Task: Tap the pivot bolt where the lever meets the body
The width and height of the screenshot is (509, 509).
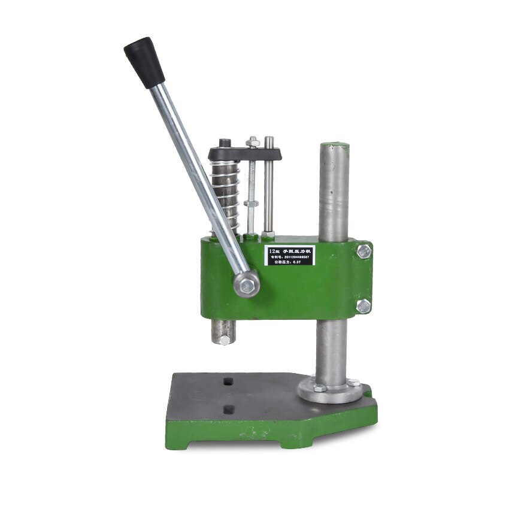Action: pyautogui.click(x=247, y=283)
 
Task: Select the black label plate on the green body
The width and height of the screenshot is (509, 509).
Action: pyautogui.click(x=290, y=256)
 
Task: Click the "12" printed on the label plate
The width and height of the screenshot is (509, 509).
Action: pyautogui.click(x=274, y=249)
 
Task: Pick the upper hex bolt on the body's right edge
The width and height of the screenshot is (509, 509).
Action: pyautogui.click(x=363, y=252)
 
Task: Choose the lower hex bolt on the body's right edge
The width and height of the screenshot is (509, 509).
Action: pyautogui.click(x=363, y=307)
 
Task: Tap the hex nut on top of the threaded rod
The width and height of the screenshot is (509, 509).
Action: pyautogui.click(x=253, y=143)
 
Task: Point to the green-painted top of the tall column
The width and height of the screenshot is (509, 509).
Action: pyautogui.click(x=334, y=146)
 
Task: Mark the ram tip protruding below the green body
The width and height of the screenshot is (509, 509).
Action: pyautogui.click(x=223, y=332)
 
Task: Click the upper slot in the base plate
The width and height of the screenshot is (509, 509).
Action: pyautogui.click(x=228, y=381)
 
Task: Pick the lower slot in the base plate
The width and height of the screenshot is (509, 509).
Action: pyautogui.click(x=228, y=410)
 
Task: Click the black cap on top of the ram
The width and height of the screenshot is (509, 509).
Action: pyautogui.click(x=225, y=143)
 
